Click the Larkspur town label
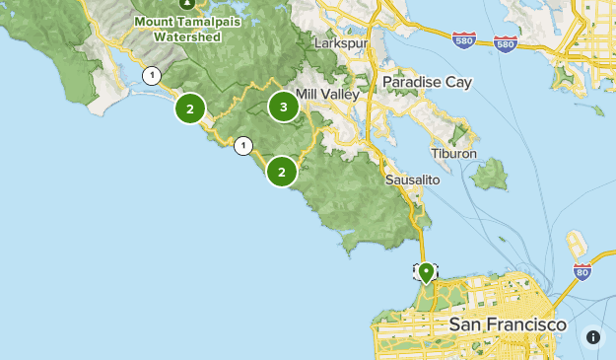339,44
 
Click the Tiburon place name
453,154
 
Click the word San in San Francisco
465,324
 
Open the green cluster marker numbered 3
284,108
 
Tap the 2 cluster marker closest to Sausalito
282,172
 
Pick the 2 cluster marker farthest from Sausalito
189,108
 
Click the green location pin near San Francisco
426,271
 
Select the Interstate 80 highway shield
582,271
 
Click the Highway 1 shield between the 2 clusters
242,146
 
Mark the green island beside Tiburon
489,176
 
